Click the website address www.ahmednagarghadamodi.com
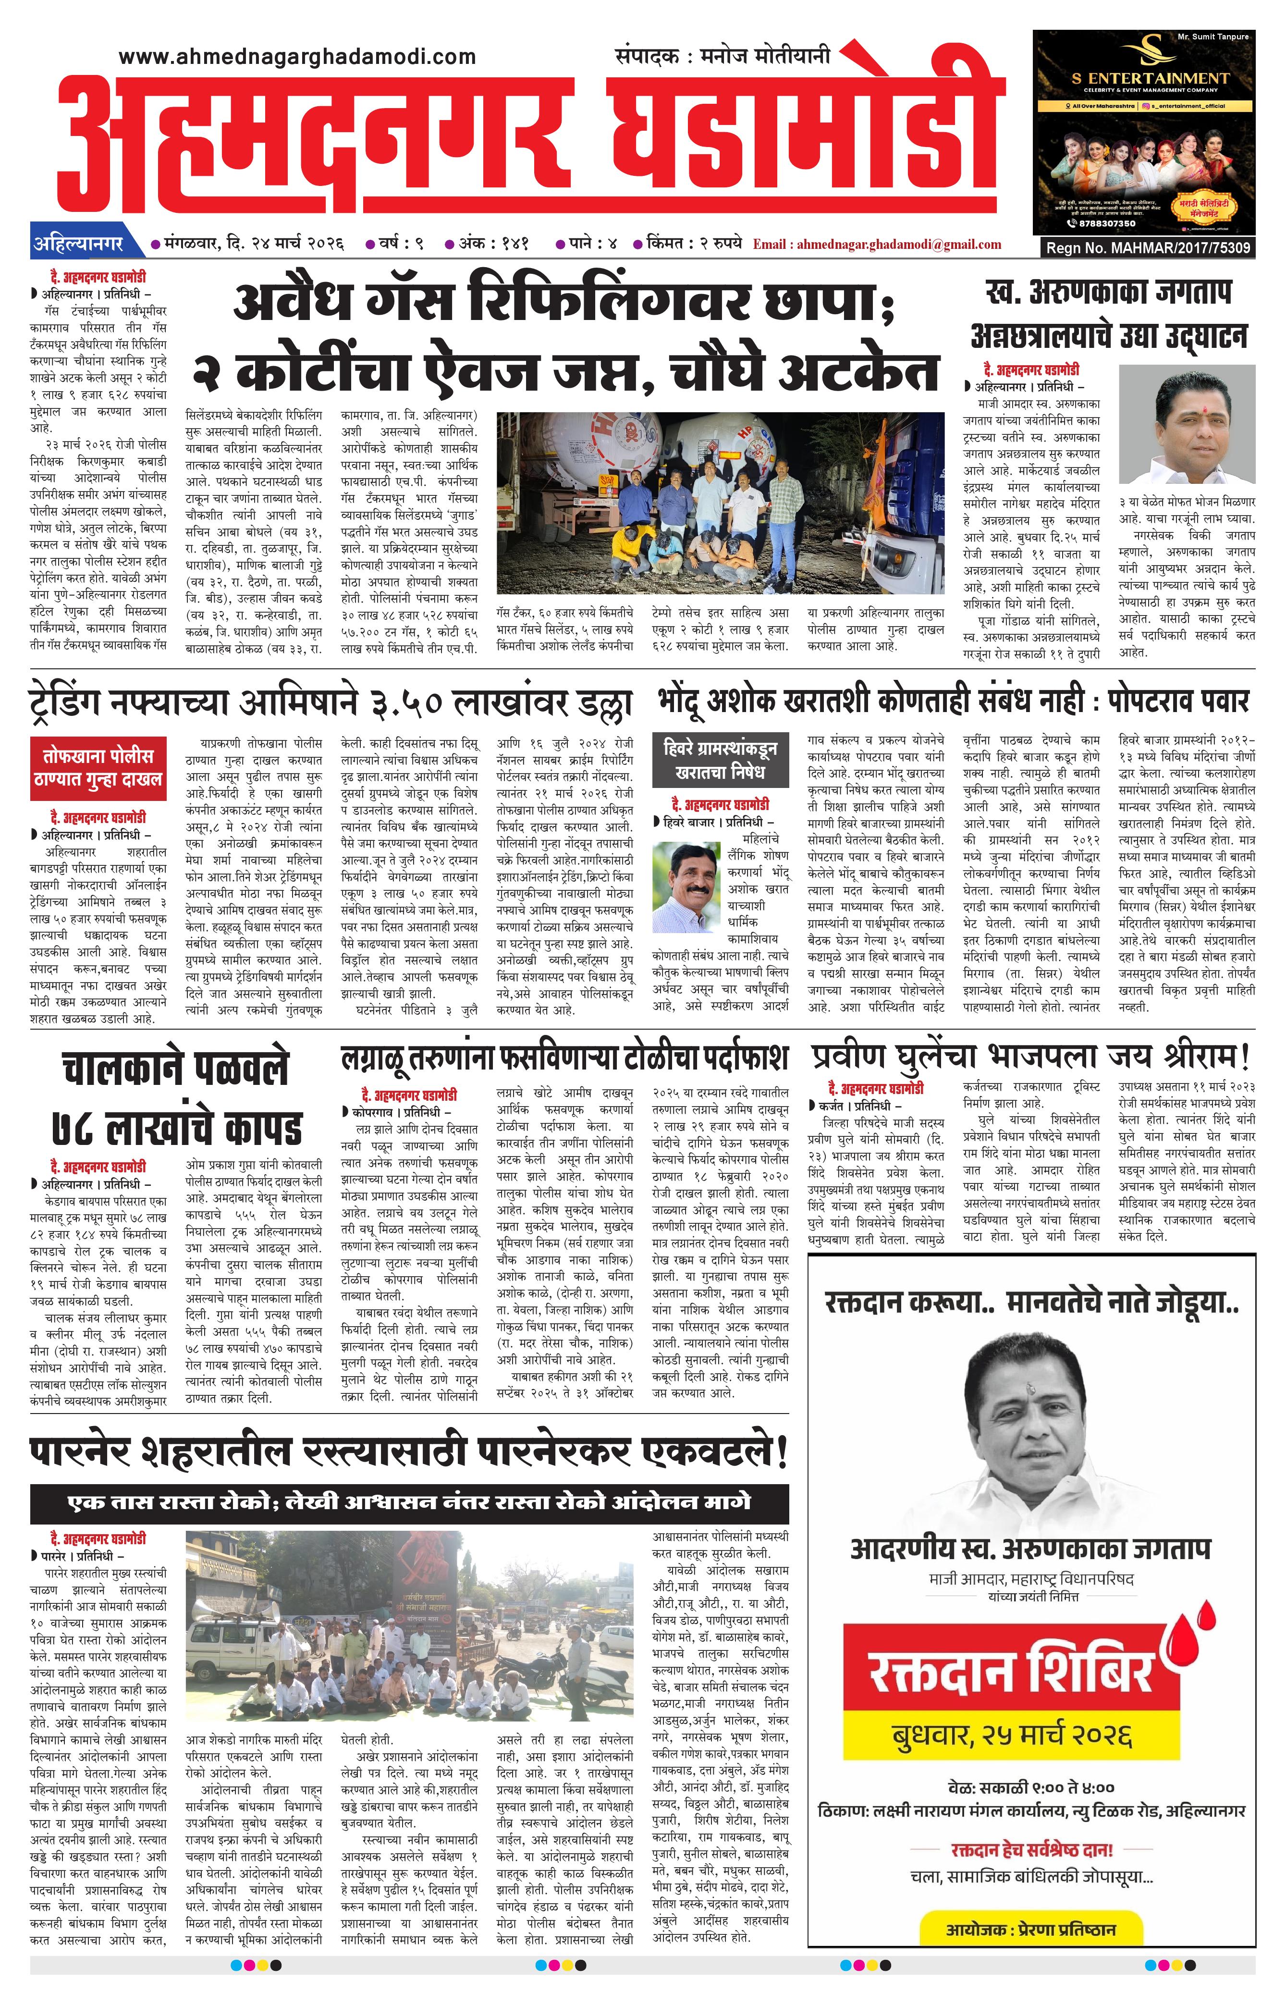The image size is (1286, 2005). (x=297, y=57)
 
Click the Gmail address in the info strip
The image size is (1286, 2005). (x=877, y=245)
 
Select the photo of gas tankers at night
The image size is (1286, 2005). (x=720, y=503)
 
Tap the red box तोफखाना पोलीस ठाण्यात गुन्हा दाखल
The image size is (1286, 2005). (x=98, y=767)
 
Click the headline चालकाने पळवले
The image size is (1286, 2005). (x=175, y=1070)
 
